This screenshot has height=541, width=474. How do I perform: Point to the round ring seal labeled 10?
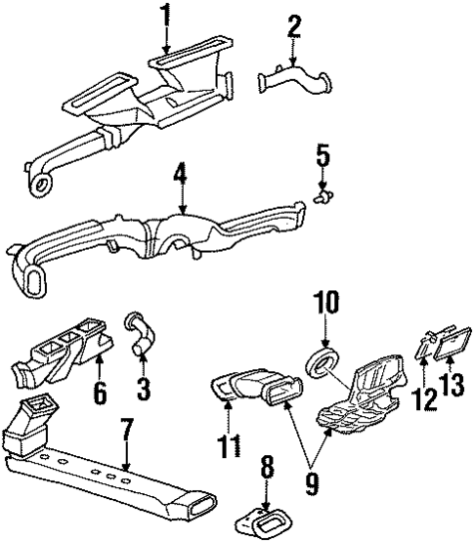[x=320, y=365]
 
